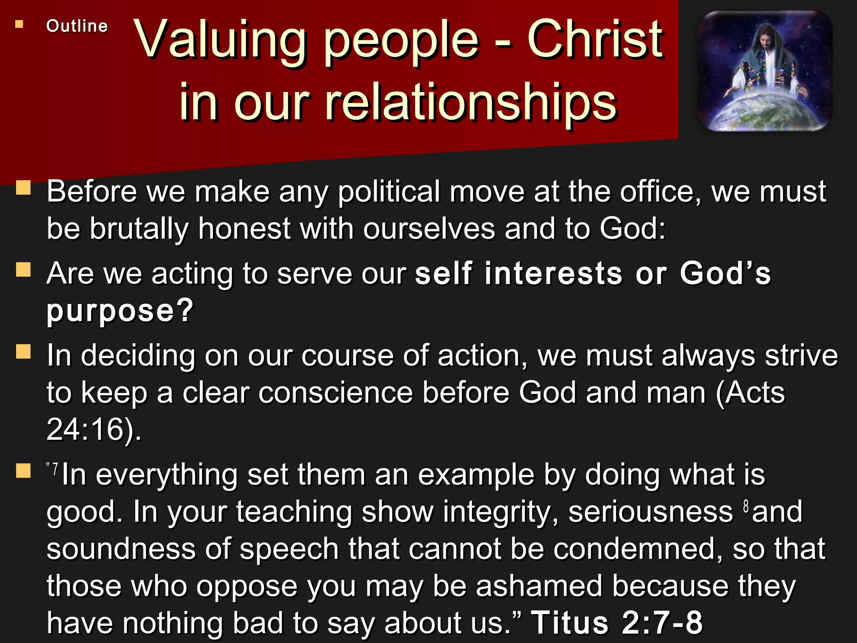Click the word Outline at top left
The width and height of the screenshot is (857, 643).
point(77,26)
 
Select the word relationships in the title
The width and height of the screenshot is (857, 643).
point(470,102)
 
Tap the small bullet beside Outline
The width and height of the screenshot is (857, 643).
point(19,25)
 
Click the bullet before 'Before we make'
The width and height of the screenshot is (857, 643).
point(23,188)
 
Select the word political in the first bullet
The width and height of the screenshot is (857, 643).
point(389,192)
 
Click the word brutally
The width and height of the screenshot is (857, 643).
point(139,229)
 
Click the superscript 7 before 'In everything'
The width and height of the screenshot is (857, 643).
point(55,468)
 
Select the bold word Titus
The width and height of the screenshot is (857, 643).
point(570,622)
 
